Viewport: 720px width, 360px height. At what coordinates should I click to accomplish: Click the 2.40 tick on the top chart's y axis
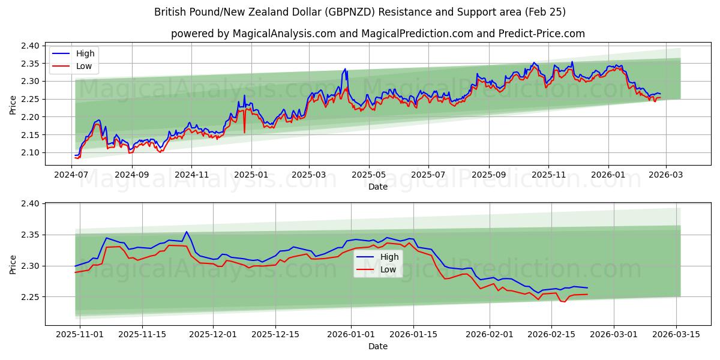31,46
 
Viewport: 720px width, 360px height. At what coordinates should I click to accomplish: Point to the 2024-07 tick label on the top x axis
72,175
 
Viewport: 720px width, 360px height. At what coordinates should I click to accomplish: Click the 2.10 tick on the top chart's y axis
31,153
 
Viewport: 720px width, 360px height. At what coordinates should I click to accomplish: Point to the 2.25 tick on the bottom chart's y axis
31,297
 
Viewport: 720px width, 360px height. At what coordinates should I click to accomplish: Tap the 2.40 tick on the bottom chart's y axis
31,204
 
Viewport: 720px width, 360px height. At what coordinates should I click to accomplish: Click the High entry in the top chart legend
85,53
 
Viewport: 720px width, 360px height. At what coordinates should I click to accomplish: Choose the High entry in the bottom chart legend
389,257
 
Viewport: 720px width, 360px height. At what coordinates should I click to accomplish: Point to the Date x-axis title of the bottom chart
377,346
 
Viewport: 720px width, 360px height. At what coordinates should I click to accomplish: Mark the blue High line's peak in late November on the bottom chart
186,232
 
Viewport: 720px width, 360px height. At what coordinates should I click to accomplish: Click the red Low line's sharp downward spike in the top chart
244,133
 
